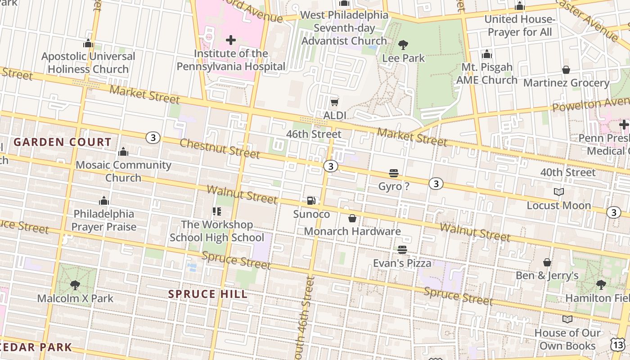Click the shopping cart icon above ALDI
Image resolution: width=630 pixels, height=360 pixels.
click(x=334, y=103)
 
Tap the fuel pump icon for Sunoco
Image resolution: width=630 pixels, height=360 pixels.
click(x=311, y=201)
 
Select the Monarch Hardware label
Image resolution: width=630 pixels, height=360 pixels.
click(x=352, y=231)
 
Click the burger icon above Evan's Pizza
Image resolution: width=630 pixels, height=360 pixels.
click(x=402, y=250)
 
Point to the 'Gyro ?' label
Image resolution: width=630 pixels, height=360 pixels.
click(x=394, y=186)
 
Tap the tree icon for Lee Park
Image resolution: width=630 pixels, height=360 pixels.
click(x=403, y=45)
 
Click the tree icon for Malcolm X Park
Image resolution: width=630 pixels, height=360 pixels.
click(x=75, y=285)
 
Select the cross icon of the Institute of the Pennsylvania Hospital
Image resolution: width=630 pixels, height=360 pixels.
click(x=231, y=40)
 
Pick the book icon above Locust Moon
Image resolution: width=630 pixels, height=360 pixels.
click(x=559, y=192)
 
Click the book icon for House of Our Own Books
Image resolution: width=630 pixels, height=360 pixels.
click(x=567, y=319)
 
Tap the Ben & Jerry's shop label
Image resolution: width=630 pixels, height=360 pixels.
click(x=547, y=275)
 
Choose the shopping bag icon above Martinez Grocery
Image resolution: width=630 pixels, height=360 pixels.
click(x=566, y=70)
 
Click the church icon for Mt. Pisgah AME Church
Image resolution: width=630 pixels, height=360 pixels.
click(x=487, y=54)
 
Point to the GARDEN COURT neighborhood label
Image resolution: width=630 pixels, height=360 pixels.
click(x=63, y=142)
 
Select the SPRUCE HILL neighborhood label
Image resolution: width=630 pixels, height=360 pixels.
click(x=208, y=294)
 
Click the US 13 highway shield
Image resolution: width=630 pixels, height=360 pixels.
click(x=618, y=344)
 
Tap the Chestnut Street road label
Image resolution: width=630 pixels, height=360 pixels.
click(x=220, y=148)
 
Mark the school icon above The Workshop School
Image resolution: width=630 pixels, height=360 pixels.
click(x=216, y=211)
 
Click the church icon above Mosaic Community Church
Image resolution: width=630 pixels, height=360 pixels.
click(x=123, y=152)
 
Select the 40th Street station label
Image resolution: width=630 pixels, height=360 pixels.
click(x=568, y=172)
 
